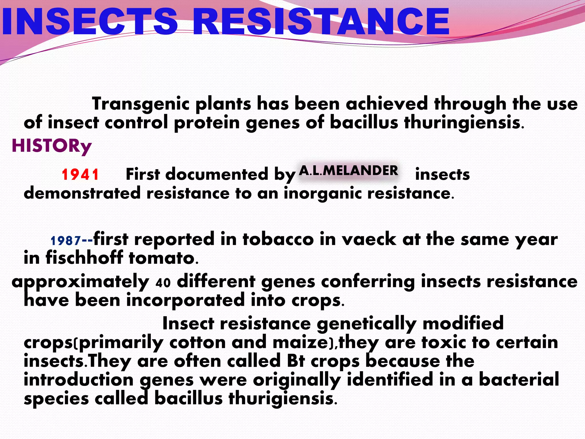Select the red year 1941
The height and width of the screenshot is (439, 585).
point(80,174)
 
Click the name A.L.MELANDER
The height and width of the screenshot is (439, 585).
point(348,171)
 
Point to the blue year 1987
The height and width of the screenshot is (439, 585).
point(66,241)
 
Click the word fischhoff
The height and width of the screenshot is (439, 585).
point(84,258)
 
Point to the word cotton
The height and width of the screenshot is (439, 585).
point(197,342)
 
